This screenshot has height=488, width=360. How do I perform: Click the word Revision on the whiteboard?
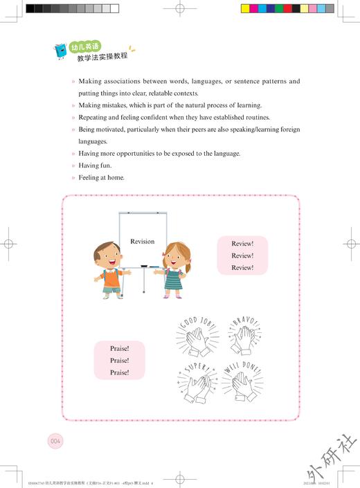(142, 242)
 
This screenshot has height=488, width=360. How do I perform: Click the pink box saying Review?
(242, 255)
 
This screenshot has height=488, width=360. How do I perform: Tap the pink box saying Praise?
(120, 360)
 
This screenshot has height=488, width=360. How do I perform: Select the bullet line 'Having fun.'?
(95, 165)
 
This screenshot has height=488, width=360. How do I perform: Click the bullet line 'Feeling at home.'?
(101, 178)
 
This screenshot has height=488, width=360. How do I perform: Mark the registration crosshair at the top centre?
(180, 10)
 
